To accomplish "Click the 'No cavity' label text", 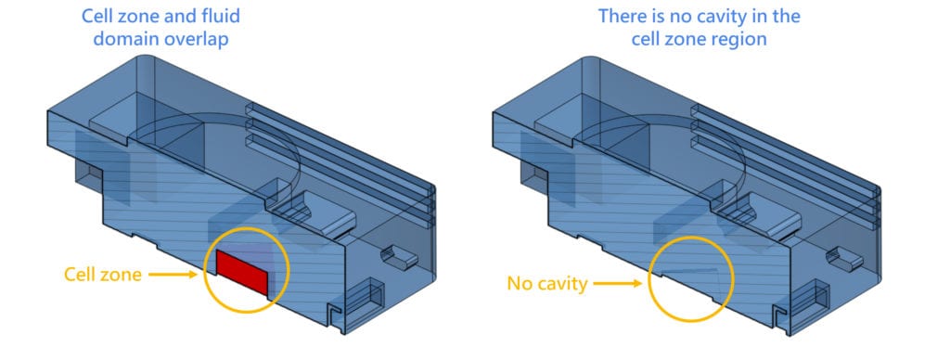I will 546,284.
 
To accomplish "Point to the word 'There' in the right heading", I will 623,17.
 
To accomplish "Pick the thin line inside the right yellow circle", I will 691,272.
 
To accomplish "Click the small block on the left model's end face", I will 397,255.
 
